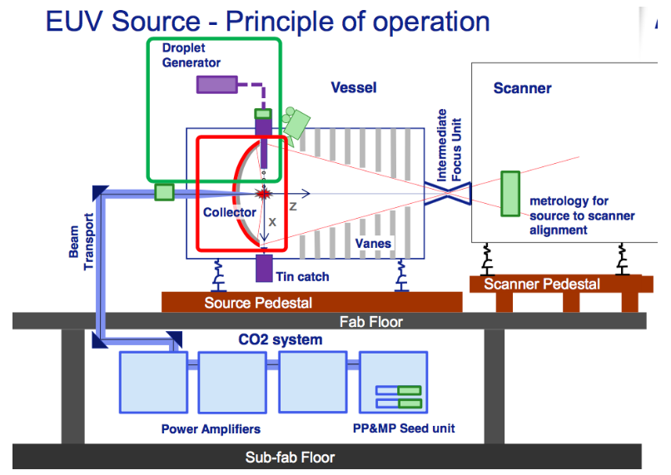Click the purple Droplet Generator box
click(x=216, y=84)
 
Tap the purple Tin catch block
click(x=264, y=268)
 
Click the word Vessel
click(x=353, y=87)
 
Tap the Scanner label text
click(x=522, y=88)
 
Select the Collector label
click(x=230, y=212)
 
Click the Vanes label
click(x=373, y=244)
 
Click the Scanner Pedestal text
click(x=542, y=285)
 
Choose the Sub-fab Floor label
click(x=290, y=457)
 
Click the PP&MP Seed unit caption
click(x=402, y=429)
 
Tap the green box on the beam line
click(x=165, y=193)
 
